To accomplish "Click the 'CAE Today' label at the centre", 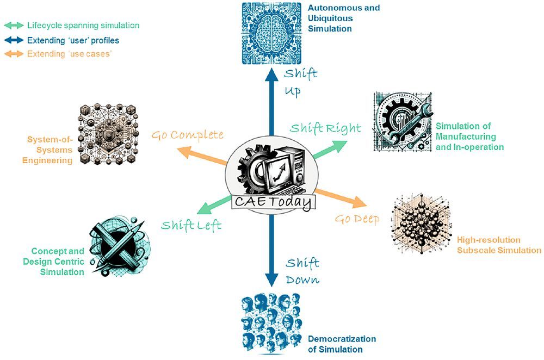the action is [x=274, y=202].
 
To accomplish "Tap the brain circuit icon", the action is [x=271, y=33].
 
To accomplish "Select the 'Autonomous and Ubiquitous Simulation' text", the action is [x=344, y=18].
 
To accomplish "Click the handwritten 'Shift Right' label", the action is [x=325, y=128].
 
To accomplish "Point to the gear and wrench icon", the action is [x=403, y=121].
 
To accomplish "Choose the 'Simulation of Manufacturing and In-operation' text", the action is [x=470, y=136].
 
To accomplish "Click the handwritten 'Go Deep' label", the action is [x=357, y=219].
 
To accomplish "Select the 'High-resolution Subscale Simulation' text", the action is [x=499, y=245].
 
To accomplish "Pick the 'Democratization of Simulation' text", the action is [x=342, y=344].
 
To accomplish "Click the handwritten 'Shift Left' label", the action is [x=191, y=226].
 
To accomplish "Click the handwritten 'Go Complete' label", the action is [x=187, y=135].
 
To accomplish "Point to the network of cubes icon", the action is [x=108, y=134].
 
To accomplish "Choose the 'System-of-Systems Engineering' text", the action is [x=47, y=150].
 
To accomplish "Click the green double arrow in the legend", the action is [x=14, y=26].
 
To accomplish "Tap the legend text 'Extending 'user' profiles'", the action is [x=73, y=40].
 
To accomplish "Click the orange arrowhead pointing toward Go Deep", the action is [x=360, y=202].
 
